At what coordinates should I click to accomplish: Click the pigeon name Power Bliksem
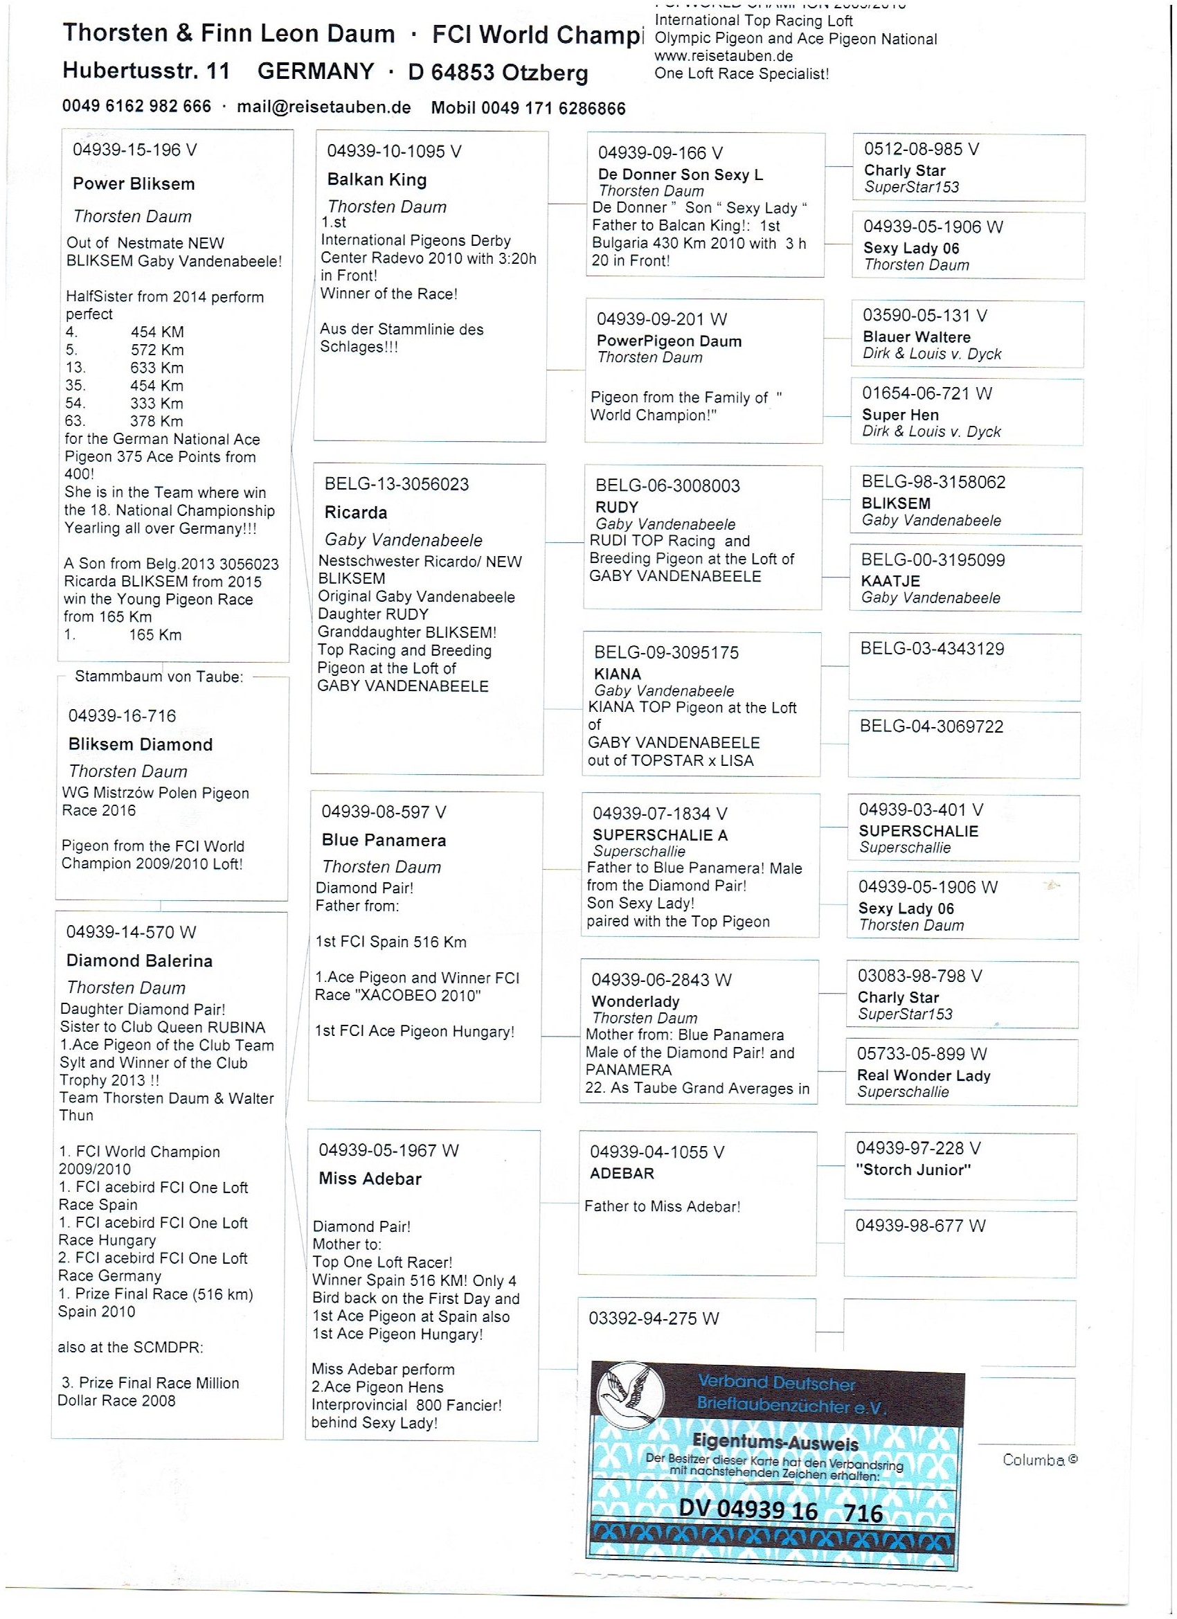[134, 184]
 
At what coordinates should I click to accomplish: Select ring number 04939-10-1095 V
[394, 152]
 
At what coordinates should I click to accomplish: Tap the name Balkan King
[377, 180]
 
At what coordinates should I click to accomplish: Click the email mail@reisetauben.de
[323, 107]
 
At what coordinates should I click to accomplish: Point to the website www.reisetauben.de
[723, 56]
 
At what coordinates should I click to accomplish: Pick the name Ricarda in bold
[355, 512]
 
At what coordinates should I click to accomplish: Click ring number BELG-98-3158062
[933, 482]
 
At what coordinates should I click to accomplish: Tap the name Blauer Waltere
[917, 337]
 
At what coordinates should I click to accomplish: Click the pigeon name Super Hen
[900, 415]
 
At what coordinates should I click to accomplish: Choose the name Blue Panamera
[384, 840]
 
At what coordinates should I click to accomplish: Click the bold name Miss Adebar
[370, 1179]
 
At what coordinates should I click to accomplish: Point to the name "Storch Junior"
[913, 1170]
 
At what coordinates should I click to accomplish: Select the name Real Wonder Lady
[923, 1075]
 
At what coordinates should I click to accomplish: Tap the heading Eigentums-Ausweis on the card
[775, 1442]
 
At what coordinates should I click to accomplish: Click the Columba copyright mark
[1039, 1460]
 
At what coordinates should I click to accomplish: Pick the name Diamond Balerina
[139, 961]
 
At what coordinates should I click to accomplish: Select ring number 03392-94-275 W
[653, 1318]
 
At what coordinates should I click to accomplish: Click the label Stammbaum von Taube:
[159, 677]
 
